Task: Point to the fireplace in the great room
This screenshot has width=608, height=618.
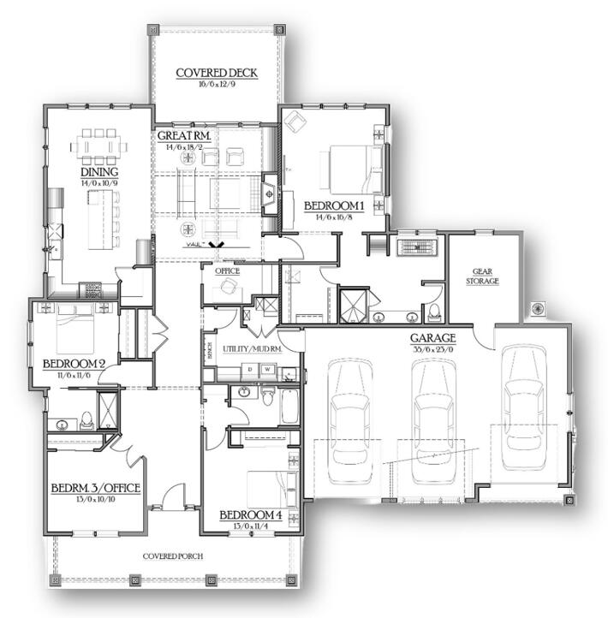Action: click(270, 193)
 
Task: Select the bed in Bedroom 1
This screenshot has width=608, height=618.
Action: click(349, 169)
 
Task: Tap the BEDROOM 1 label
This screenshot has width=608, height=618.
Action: click(335, 205)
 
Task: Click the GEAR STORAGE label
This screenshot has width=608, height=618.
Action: click(481, 276)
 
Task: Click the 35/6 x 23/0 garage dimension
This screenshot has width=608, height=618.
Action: click(432, 349)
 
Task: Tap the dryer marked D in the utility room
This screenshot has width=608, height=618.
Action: click(249, 370)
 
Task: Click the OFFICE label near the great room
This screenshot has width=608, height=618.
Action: click(227, 271)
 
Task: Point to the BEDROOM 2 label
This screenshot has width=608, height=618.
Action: click(74, 364)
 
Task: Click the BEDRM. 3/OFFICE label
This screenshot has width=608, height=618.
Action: click(95, 488)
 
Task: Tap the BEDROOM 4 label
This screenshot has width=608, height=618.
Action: click(249, 514)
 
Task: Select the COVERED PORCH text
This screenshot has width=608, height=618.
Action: click(173, 556)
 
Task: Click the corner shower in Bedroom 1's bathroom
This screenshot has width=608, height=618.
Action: click(351, 304)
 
